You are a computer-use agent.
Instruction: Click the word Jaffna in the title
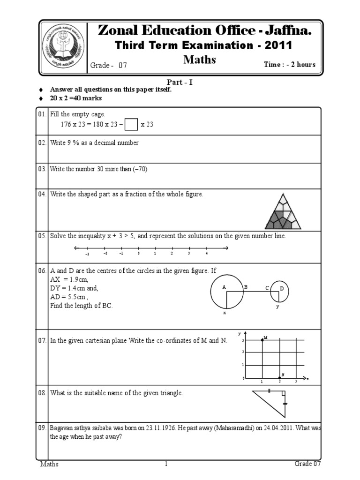285,31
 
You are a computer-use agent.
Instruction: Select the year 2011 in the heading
279,45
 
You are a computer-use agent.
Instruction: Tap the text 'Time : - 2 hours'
290,65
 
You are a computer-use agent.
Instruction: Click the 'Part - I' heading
180,82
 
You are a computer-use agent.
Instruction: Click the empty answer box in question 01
132,125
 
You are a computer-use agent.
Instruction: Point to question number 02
42,143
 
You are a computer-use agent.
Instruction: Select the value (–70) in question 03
140,169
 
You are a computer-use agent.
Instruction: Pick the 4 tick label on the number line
206,253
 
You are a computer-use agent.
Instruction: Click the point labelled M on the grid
262,339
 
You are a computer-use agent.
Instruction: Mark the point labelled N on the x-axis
280,377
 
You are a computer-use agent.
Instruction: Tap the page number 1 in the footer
166,464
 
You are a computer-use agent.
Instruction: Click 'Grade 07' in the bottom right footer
307,464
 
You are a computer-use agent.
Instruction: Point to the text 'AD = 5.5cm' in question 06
68,297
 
